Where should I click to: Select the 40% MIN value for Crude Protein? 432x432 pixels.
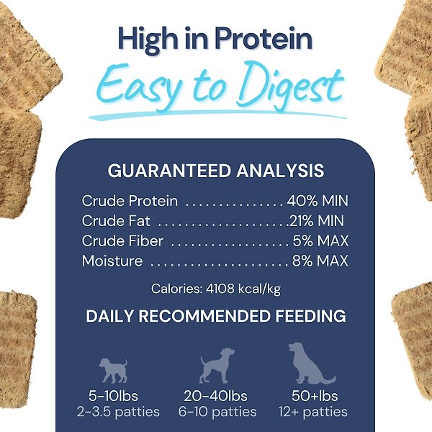tap(318, 201)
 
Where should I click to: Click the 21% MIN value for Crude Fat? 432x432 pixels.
tap(317, 221)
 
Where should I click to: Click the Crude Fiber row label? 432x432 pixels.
tap(122, 241)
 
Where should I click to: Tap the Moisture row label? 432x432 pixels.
tap(112, 261)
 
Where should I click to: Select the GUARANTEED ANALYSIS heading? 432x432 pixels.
tap(215, 171)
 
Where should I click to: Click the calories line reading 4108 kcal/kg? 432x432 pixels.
tap(215, 289)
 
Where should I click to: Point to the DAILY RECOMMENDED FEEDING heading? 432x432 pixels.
tap(215, 316)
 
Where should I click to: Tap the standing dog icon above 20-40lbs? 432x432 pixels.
tap(217, 366)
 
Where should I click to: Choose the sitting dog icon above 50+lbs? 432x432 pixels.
tap(310, 363)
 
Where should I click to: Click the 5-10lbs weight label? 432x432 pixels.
tap(113, 396)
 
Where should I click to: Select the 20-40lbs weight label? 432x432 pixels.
tap(217, 396)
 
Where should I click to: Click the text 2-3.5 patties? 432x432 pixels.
tap(113, 413)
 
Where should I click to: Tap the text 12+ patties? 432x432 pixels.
tap(312, 413)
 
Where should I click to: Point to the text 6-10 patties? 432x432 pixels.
tap(217, 413)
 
